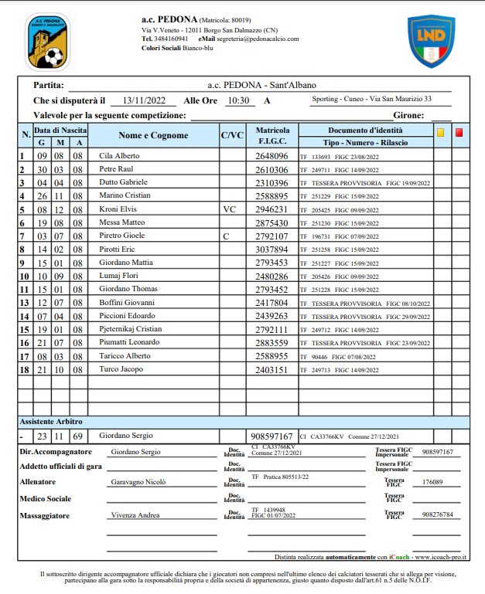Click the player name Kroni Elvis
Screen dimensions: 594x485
[118, 209]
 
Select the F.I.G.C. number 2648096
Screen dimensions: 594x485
[272, 155]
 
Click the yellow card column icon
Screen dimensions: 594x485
[441, 132]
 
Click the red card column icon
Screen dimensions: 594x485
[459, 132]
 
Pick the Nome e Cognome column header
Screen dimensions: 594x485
[153, 136]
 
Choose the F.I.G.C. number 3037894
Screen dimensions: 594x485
[272, 249]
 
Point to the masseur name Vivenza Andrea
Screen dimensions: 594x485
[136, 514]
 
